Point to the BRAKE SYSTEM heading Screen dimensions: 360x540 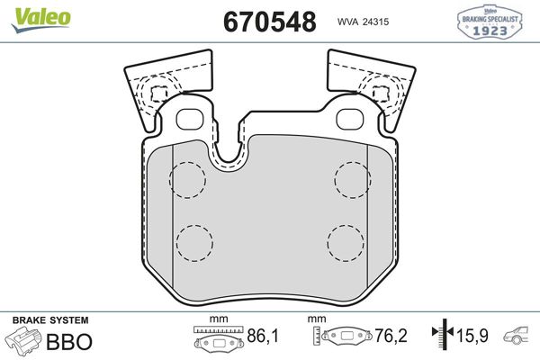pos(49,320)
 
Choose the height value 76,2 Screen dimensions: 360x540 pos(391,337)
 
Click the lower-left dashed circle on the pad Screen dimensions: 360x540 pos(194,240)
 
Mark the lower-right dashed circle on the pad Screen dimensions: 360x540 pos(346,240)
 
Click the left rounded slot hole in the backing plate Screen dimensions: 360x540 pos(190,119)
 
